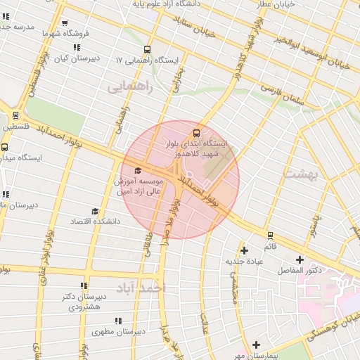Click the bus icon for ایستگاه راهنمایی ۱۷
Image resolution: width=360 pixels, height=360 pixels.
pos(147,49)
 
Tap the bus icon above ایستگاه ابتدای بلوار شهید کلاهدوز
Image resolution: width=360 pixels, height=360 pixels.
pos(196,132)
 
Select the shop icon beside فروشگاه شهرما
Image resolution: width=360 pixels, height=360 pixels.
pos(65,23)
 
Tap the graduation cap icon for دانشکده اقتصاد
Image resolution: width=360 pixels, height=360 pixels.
pos(94,211)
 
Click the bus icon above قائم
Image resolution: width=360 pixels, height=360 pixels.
pos(270,236)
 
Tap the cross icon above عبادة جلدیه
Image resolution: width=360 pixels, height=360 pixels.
pos(244,250)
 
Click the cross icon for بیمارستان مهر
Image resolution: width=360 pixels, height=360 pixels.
pos(257,345)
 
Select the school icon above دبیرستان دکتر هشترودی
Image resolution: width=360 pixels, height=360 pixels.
pos(84,285)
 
